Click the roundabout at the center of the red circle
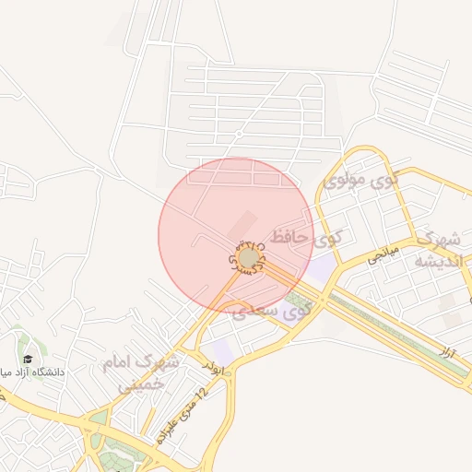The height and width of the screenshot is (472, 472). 248,258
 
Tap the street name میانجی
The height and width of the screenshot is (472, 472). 382,254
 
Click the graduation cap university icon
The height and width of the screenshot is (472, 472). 27,358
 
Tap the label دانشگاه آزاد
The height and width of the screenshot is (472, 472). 37,372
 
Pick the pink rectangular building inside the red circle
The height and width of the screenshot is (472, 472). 242,223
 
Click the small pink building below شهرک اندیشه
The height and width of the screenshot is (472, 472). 451,319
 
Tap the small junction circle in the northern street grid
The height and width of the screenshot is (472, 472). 239,135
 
